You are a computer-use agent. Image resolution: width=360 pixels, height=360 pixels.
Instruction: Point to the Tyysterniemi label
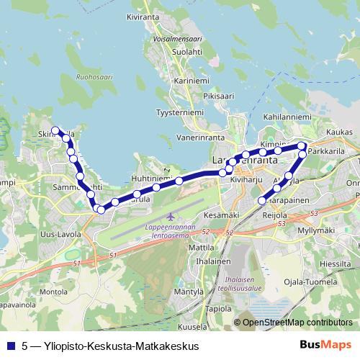(181, 113)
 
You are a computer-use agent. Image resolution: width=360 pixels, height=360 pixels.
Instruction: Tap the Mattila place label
(202, 246)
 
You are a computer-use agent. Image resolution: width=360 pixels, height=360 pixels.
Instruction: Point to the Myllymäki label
(317, 230)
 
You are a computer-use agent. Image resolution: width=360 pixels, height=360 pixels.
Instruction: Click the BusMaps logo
(325, 345)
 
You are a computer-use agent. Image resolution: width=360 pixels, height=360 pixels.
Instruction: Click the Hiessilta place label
(334, 264)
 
